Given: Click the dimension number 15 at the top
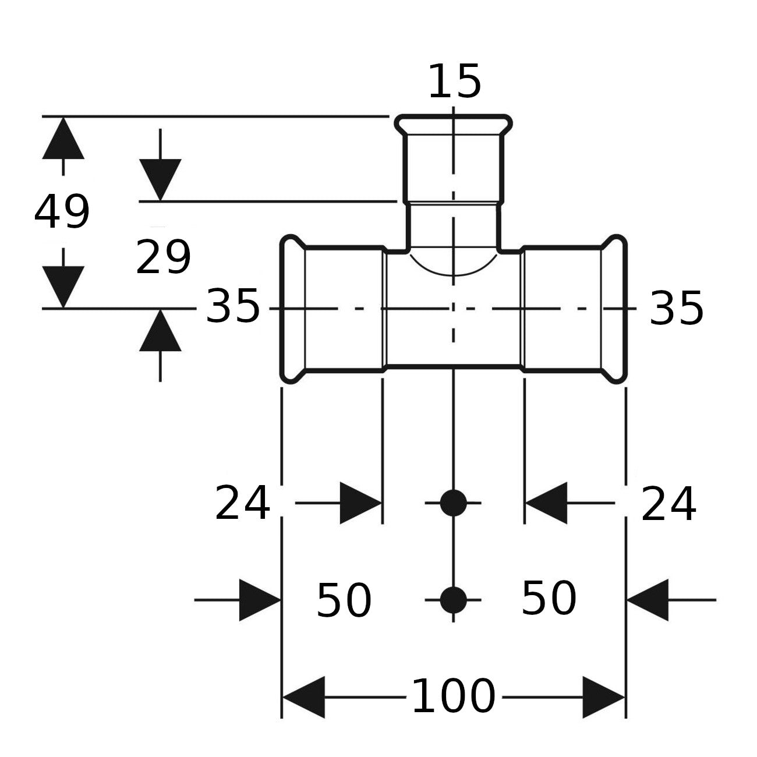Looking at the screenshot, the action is pos(455,82).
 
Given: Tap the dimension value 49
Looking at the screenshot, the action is pos(62,211).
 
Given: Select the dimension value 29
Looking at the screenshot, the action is pos(163,257).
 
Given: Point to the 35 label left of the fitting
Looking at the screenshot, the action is pos(232,306).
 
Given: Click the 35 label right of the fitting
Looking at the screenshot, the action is pos(676,309).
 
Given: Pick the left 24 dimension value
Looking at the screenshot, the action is pos(242,503).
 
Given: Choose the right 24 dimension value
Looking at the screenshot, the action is pos(668,504).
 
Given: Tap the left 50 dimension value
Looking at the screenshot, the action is pos(344,600).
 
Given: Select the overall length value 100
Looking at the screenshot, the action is pos(454,696).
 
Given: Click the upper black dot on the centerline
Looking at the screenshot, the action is pos(454,503).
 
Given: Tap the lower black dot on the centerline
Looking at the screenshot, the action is pos(454,600).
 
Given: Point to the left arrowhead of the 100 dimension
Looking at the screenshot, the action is pos(303,697).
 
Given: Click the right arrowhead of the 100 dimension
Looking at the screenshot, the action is pos(604,697).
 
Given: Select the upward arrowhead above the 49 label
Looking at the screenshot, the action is pos(63,138).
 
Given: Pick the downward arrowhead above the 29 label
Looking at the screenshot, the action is pos(160,180).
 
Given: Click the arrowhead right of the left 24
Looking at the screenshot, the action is pos(361,503).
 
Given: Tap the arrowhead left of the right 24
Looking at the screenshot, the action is pos(546,503).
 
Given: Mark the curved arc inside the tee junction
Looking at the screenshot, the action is pos(454,274).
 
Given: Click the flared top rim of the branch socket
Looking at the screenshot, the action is pos(454,117).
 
